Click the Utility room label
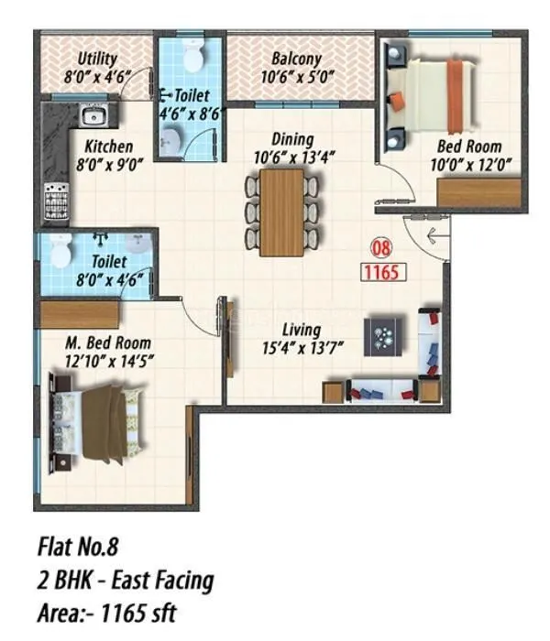click(96, 58)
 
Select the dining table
click(281, 212)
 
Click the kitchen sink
click(94, 116)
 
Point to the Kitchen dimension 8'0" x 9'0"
click(108, 164)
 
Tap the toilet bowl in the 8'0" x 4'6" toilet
click(60, 249)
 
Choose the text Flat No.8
click(79, 548)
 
